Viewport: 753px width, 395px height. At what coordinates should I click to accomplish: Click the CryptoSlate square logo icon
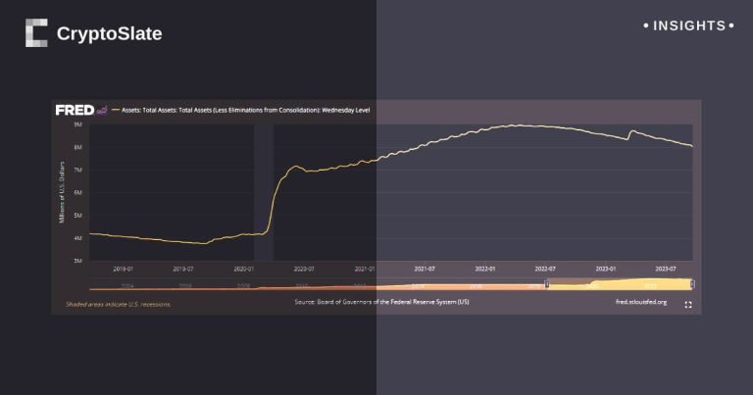(36, 33)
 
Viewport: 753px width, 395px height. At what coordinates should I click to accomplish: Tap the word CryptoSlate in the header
(109, 34)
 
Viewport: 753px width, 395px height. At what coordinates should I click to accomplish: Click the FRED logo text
(74, 110)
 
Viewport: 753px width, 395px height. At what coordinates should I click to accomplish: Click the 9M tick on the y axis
(77, 125)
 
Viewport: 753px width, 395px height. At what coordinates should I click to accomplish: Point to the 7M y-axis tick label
(77, 171)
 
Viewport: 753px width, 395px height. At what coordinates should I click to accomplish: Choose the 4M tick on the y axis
(77, 238)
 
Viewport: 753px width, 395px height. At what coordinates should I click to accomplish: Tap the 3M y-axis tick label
(77, 261)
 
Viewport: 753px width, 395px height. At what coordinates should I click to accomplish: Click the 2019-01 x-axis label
(123, 268)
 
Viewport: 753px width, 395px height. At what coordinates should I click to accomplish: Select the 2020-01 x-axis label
(243, 268)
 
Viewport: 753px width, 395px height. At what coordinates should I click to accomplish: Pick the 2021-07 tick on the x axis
(425, 268)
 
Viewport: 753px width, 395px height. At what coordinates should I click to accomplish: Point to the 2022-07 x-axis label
(545, 268)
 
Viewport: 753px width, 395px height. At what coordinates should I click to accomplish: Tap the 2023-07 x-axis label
(667, 268)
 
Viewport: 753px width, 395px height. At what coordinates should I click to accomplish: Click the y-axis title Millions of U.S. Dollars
(64, 192)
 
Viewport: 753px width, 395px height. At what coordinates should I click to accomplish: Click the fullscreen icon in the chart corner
(688, 305)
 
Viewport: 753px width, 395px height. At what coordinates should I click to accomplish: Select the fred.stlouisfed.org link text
(640, 303)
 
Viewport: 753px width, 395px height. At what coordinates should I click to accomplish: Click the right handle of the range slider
(692, 284)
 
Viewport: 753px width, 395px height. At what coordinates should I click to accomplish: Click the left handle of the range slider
(547, 284)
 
